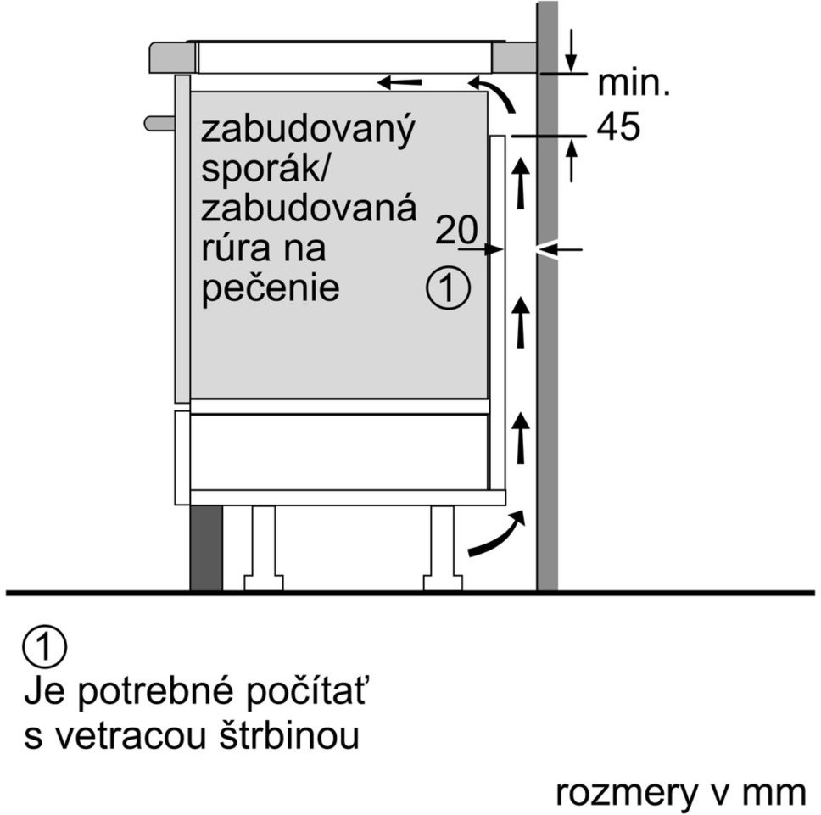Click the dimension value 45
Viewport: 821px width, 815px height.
[x=618, y=126]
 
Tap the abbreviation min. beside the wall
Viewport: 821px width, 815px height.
[x=634, y=83]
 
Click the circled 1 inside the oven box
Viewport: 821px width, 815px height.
[x=448, y=287]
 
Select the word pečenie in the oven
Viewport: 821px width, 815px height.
[x=271, y=288]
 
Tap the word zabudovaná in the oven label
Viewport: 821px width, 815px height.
[x=309, y=207]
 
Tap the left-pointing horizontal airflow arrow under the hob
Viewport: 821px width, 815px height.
[x=399, y=82]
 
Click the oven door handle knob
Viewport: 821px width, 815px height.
[x=159, y=124]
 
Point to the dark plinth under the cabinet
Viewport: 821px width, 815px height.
[x=206, y=548]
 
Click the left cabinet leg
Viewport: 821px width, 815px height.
[x=264, y=548]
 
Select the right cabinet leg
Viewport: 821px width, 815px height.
[x=443, y=548]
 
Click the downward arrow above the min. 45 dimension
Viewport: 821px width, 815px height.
[x=572, y=50]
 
